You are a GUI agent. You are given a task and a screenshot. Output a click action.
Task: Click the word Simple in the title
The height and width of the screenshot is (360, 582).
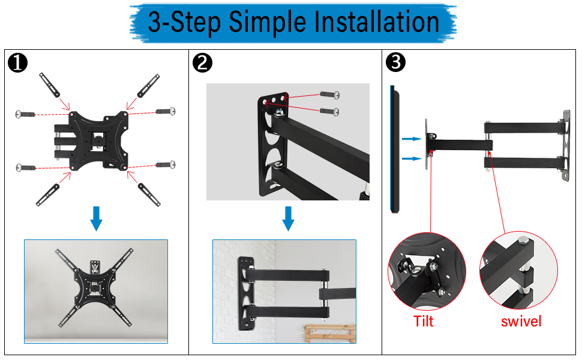pyautogui.click(x=267, y=22)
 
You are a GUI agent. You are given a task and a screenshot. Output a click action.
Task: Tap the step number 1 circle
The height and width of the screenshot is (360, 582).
pyautogui.click(x=17, y=62)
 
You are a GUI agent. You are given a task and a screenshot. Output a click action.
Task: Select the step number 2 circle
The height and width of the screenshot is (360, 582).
pyautogui.click(x=202, y=62)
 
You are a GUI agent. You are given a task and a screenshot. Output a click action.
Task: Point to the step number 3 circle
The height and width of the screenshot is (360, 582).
pyautogui.click(x=395, y=62)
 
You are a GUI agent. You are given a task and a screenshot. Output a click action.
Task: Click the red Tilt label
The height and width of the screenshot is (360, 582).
pyautogui.click(x=424, y=321)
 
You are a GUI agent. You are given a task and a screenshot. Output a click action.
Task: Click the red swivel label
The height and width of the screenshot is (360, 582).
pyautogui.click(x=521, y=322)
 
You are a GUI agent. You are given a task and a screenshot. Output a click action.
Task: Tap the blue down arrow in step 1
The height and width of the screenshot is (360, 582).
pyautogui.click(x=96, y=218)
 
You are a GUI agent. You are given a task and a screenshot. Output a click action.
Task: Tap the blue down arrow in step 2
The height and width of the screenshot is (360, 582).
pyautogui.click(x=288, y=218)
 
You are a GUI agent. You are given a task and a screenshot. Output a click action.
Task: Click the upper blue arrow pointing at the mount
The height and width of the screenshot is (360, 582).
pyautogui.click(x=412, y=139)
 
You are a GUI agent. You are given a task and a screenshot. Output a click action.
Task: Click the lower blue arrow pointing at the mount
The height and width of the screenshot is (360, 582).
pyautogui.click(x=412, y=159)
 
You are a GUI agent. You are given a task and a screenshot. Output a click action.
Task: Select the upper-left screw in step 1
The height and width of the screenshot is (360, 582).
pyautogui.click(x=25, y=114)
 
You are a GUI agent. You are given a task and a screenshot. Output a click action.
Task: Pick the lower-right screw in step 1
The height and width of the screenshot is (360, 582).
pyautogui.click(x=166, y=164)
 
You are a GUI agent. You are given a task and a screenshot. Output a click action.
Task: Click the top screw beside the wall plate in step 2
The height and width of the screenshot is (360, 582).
pyautogui.click(x=329, y=95)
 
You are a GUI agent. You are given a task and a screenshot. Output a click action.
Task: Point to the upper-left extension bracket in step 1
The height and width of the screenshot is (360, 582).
pyautogui.click(x=49, y=85)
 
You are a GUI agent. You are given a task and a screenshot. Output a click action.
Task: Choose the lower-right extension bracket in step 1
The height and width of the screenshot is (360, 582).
pyautogui.click(x=149, y=194)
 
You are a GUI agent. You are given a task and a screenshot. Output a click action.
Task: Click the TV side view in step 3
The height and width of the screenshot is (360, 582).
pyautogui.click(x=394, y=149)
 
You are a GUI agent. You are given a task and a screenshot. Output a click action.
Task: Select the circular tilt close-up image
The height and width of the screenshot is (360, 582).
pyautogui.click(x=427, y=272)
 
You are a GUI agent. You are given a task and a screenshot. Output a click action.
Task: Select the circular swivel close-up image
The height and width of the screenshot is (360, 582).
pyautogui.click(x=518, y=270)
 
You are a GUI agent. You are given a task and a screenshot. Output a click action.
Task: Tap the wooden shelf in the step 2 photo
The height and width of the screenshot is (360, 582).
pyautogui.click(x=330, y=334)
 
